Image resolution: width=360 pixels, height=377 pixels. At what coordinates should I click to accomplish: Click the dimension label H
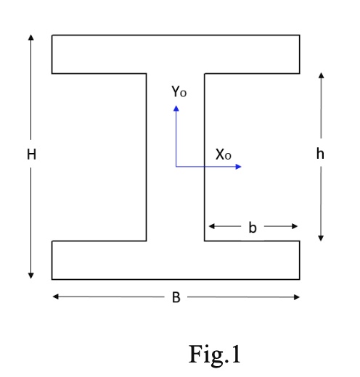(31, 154)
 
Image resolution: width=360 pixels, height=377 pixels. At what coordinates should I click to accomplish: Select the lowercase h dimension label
(320, 154)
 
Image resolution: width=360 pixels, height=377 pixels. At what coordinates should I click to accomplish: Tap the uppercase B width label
(176, 297)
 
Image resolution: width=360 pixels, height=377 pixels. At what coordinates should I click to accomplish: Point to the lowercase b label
(253, 227)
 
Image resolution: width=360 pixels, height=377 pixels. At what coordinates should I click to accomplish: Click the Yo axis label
(179, 92)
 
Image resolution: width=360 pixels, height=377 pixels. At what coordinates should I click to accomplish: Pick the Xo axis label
(223, 154)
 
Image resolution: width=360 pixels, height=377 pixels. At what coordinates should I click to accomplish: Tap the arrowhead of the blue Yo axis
(176, 107)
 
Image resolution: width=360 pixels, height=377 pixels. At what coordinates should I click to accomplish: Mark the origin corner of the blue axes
(176, 167)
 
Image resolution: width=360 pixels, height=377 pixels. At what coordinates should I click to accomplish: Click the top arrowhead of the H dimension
(31, 36)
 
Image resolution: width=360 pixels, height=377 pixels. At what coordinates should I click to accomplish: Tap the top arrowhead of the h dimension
(320, 74)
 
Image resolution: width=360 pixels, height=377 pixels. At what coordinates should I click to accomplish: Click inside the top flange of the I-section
(176, 53)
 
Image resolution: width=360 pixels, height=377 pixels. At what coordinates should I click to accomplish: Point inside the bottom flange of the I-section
(176, 260)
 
